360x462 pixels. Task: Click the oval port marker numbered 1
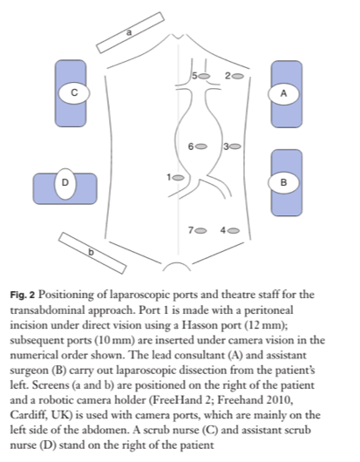178,177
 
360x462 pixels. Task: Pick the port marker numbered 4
234,230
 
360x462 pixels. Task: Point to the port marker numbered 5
205,77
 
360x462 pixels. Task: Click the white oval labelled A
283,92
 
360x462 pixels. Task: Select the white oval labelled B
283,182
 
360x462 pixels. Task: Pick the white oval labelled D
64,182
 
